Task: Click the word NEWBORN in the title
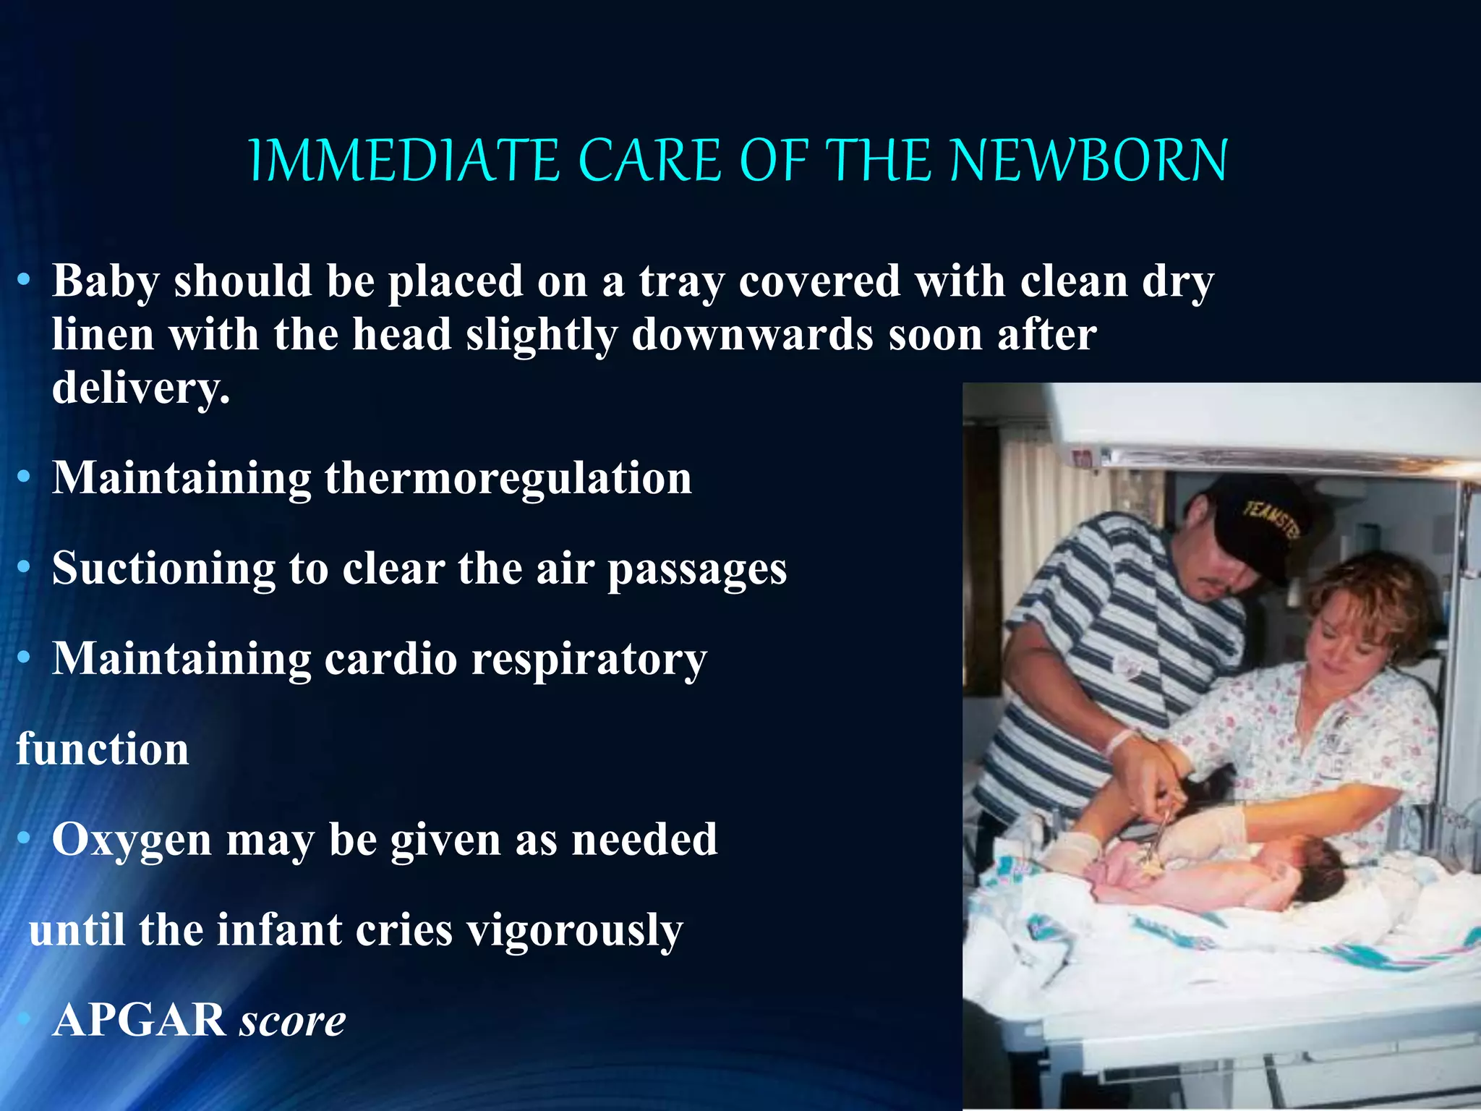pyautogui.click(x=1088, y=160)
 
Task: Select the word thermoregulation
pyautogui.click(x=508, y=478)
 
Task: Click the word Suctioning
pyautogui.click(x=163, y=569)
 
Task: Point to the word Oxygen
pyautogui.click(x=131, y=840)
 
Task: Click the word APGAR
pyautogui.click(x=139, y=1020)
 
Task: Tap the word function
pyautogui.click(x=103, y=749)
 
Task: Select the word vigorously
pyautogui.click(x=574, y=931)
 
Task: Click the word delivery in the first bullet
pyautogui.click(x=140, y=388)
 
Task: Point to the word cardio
pyautogui.click(x=390, y=659)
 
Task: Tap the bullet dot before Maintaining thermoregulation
pyautogui.click(x=24, y=477)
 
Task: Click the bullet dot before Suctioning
pyautogui.click(x=24, y=568)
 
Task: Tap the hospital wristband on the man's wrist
pyautogui.click(x=1120, y=741)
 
